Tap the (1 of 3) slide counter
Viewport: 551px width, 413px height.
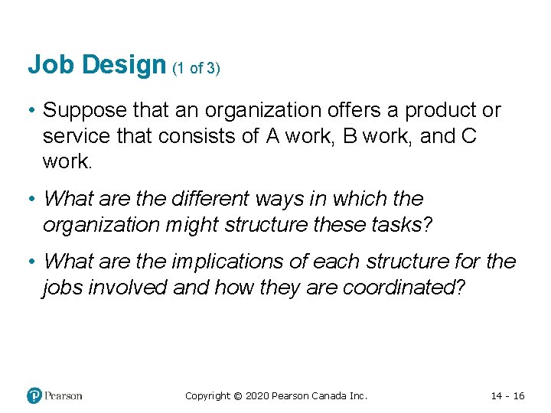[196, 68]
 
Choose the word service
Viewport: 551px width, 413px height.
[76, 136]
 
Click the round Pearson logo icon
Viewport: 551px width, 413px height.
[34, 395]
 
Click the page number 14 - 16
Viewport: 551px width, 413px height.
[507, 396]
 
